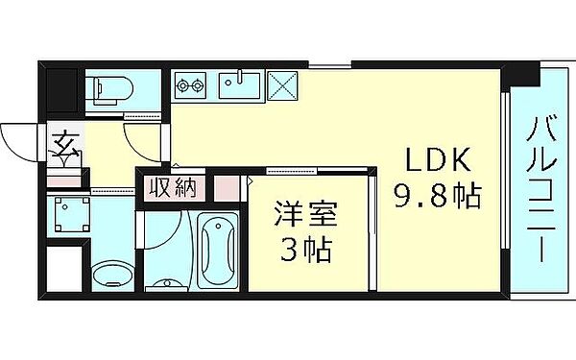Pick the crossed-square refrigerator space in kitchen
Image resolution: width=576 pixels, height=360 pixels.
285,86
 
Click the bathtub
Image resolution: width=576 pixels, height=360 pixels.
220,251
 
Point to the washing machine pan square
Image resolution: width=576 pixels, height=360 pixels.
69,218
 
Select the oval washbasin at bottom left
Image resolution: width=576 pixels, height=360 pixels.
110,272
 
